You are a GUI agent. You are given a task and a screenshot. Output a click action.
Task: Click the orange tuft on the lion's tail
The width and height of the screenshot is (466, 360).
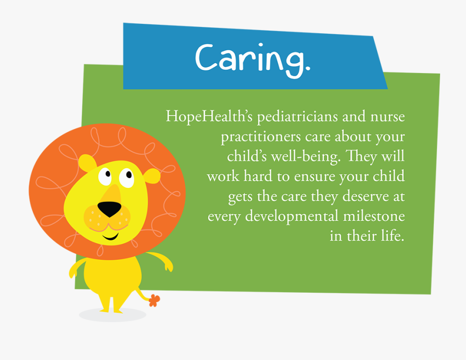point(154,300)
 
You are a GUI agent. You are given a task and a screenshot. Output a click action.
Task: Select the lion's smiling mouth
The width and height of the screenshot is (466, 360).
point(110,237)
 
